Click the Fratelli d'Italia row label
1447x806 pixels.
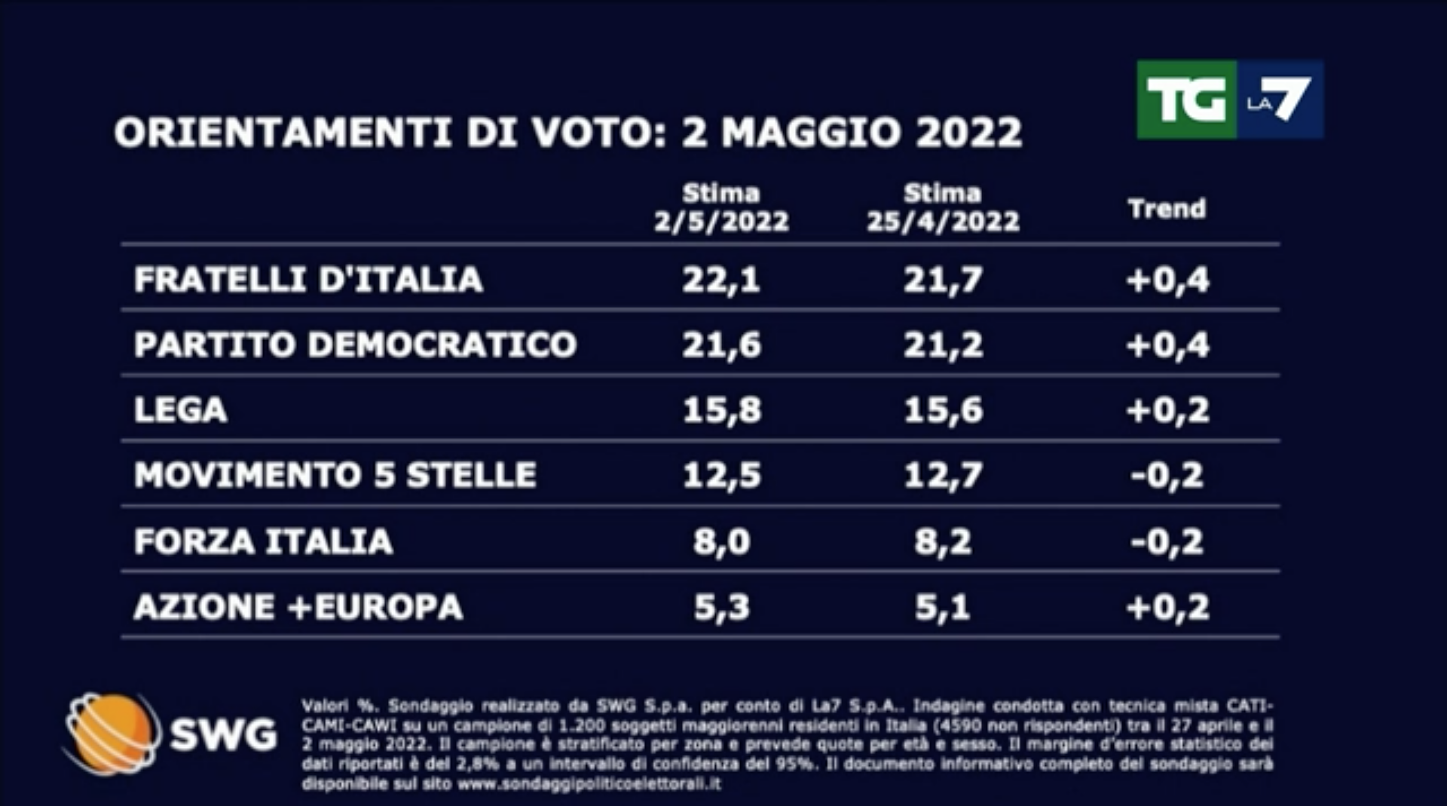click(x=308, y=280)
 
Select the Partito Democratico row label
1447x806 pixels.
click(x=355, y=345)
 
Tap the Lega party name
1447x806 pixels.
click(x=180, y=410)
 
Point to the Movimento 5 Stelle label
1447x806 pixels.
click(x=335, y=475)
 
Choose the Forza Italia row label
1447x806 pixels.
click(x=263, y=541)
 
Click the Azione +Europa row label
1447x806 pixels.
click(x=298, y=607)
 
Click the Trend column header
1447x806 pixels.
click(x=1167, y=209)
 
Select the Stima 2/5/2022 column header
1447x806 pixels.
click(x=721, y=208)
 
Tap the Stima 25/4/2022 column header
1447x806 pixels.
click(x=943, y=208)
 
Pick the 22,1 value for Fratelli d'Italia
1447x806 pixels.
click(x=721, y=280)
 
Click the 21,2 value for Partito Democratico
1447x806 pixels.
click(x=943, y=345)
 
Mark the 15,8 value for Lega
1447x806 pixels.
click(x=721, y=410)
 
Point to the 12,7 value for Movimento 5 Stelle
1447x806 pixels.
click(x=943, y=475)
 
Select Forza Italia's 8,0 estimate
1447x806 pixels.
click(x=721, y=541)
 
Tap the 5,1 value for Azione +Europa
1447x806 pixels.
click(x=943, y=607)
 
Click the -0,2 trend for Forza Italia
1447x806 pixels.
click(x=1167, y=541)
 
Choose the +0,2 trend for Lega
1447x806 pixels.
click(x=1167, y=410)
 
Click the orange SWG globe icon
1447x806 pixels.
click(x=112, y=733)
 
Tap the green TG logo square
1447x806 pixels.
click(x=1186, y=100)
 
